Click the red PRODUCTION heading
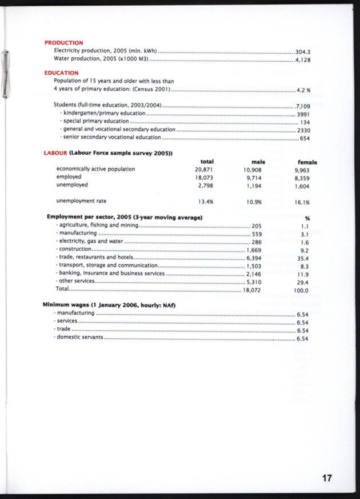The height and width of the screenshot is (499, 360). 63,43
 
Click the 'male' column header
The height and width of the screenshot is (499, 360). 258,162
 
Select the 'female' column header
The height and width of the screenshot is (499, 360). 307,162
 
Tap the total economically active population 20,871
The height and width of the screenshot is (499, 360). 204,170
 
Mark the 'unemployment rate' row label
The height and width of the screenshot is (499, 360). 81,201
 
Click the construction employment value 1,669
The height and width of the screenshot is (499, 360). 254,250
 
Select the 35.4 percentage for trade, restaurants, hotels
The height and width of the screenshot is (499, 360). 303,258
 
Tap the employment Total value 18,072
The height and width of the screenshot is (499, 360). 252,290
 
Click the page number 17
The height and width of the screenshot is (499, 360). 327,478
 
